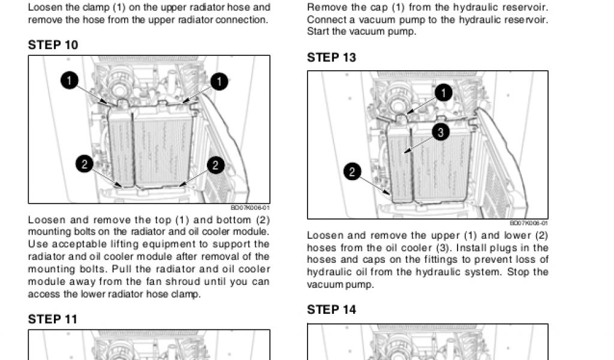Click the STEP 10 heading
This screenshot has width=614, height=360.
point(53,45)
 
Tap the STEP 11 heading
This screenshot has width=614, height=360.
point(53,319)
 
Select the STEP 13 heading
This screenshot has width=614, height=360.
point(332,58)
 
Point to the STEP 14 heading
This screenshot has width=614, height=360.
point(332,310)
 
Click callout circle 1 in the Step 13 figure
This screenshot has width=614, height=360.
point(443,93)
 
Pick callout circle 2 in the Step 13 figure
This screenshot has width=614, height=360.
point(352,173)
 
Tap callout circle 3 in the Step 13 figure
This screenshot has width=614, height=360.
point(440,133)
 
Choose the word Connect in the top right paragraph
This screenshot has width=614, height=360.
point(326,20)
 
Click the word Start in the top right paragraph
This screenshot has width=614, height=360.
point(317,31)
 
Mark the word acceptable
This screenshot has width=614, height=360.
point(80,244)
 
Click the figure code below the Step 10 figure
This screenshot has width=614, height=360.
point(250,208)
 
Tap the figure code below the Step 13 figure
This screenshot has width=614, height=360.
point(529,224)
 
